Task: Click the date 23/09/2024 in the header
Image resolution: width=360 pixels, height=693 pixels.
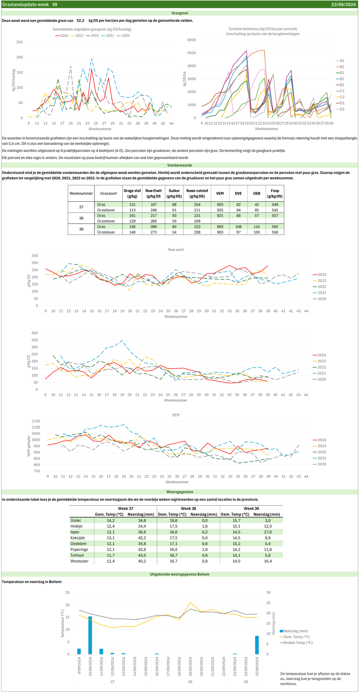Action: pyautogui.click(x=343, y=5)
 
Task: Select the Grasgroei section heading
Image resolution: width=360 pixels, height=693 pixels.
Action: pyautogui.click(x=180, y=13)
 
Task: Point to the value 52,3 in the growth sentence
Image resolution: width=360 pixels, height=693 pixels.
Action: pyautogui.click(x=80, y=21)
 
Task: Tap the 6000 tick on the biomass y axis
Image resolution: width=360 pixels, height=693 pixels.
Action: pyautogui.click(x=191, y=40)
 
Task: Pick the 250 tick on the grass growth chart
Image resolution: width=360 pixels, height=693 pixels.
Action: pyautogui.click(x=19, y=42)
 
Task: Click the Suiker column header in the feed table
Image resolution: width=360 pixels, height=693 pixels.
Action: pyautogui.click(x=174, y=194)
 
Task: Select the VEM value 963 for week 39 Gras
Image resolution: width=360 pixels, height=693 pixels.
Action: pyautogui.click(x=220, y=227)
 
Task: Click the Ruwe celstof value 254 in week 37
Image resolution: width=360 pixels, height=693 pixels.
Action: pyautogui.click(x=197, y=205)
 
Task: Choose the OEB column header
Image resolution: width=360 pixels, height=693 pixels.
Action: pyautogui.click(x=256, y=194)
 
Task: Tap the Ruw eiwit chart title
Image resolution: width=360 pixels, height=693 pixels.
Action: pyautogui.click(x=176, y=250)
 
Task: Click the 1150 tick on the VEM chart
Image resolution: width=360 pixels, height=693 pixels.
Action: pyautogui.click(x=36, y=421)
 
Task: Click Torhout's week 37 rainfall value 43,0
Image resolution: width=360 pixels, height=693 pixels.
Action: pyautogui.click(x=142, y=555)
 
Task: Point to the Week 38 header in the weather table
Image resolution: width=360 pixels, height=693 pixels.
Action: pyautogui.click(x=188, y=508)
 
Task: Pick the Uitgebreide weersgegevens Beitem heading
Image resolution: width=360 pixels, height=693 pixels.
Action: pyautogui.click(x=180, y=574)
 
